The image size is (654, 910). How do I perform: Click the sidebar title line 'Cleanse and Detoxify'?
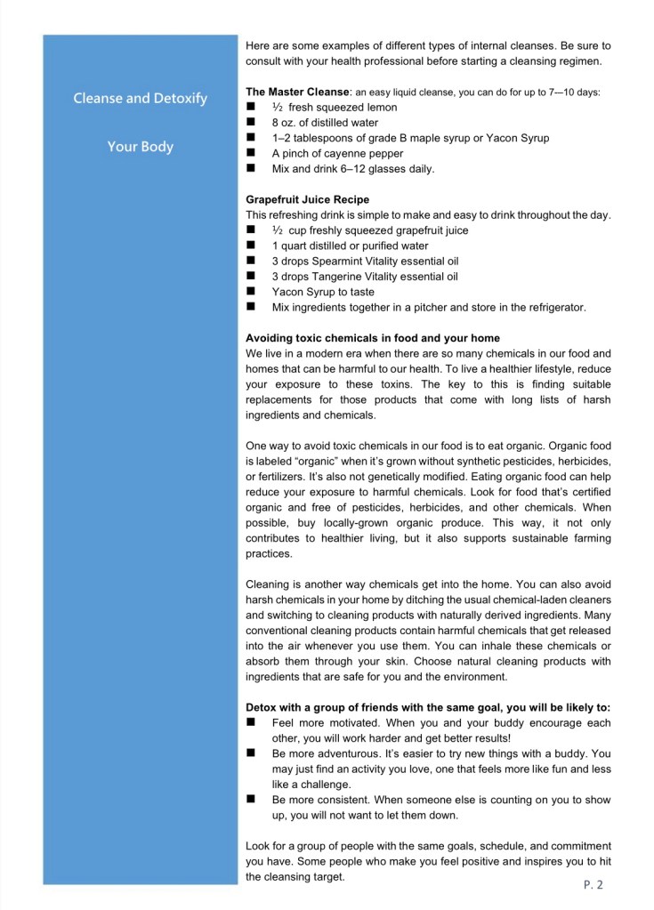(140, 98)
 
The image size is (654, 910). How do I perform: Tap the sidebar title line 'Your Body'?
(140, 147)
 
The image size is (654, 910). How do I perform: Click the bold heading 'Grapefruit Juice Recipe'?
(307, 199)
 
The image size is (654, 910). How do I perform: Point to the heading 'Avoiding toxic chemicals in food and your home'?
(372, 338)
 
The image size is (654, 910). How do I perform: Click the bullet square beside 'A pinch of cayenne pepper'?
(251, 153)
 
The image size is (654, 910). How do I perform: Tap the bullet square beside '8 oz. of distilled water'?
(251, 122)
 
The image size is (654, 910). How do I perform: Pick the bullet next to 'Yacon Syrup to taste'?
(251, 292)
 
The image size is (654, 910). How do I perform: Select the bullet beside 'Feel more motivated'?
(251, 722)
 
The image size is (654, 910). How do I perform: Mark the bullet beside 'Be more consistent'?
(251, 800)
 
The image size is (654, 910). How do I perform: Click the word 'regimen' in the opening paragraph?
(578, 61)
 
